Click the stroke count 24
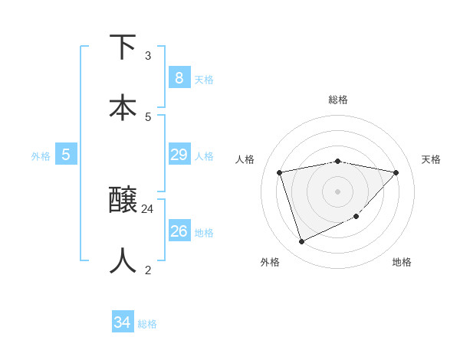148,208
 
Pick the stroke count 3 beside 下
148,55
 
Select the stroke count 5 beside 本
148,116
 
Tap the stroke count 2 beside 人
148,270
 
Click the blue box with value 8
179,78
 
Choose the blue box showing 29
179,155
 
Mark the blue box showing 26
179,231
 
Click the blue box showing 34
122,322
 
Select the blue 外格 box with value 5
66,155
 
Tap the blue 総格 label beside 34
147,324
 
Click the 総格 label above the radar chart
338,100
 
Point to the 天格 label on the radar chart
431,159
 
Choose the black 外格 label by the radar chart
270,262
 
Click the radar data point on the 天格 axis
396,172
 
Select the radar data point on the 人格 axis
280,172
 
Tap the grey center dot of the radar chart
338,191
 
